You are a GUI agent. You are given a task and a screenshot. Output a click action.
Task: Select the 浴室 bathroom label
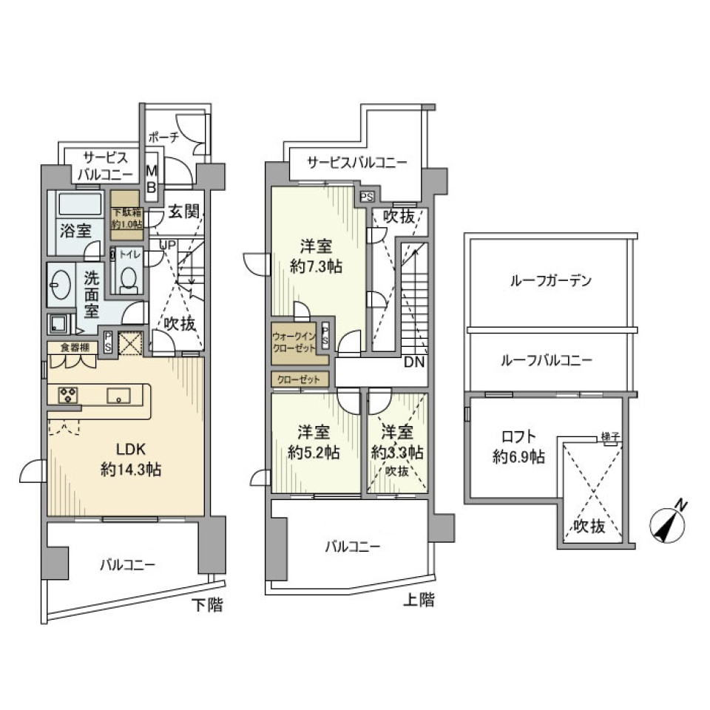75,229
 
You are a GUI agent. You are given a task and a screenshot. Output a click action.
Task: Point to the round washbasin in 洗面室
59,285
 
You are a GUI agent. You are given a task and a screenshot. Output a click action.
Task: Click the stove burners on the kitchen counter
68,396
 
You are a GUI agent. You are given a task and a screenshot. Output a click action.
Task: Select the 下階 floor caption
207,606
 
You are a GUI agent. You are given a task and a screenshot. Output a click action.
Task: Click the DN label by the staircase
413,364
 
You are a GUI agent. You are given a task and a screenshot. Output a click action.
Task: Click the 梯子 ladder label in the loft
609,435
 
